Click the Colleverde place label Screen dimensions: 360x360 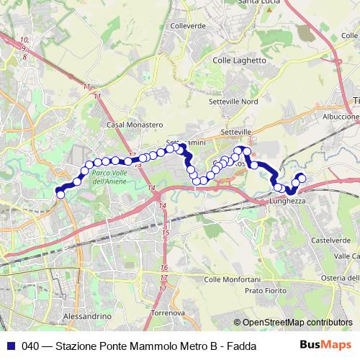[188, 26]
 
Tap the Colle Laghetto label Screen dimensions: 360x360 [240, 61]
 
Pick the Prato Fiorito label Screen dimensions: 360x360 [265, 290]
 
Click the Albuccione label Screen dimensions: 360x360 [341, 116]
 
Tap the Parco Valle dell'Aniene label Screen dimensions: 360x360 [111, 177]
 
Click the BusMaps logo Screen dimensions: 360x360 [331, 346]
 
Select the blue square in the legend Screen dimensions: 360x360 [10, 346]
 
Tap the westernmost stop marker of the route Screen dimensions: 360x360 [60, 194]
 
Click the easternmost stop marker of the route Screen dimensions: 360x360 [302, 178]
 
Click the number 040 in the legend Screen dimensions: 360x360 [30, 346]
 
